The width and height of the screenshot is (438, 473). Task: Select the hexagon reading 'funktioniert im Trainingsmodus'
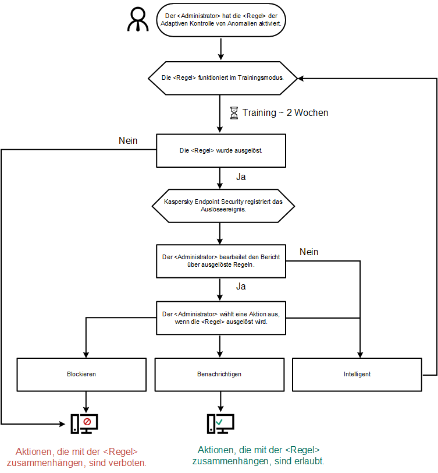coord(222,77)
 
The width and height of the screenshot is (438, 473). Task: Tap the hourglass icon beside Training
coord(234,112)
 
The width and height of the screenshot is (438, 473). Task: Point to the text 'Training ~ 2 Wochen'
coord(285,112)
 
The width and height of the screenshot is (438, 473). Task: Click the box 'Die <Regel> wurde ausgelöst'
coord(220,150)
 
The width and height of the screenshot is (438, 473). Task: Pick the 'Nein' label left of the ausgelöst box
coord(128,140)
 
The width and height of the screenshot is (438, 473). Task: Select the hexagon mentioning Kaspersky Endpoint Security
coord(223,206)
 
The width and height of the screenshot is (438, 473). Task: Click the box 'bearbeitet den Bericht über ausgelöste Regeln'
coord(222,260)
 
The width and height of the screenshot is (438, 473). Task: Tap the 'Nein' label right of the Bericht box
coord(309,252)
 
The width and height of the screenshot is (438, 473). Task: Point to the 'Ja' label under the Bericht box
coord(241,286)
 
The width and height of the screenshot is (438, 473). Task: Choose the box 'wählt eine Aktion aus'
coord(222,317)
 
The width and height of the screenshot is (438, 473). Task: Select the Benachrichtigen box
coord(220,374)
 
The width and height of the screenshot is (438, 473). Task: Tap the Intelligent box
coord(357,374)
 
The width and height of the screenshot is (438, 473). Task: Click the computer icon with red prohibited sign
coord(84,423)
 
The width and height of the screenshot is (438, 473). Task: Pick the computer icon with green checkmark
coord(220,423)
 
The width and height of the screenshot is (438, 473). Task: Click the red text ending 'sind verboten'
coord(81,457)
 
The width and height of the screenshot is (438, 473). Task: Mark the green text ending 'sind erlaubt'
coord(259,455)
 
